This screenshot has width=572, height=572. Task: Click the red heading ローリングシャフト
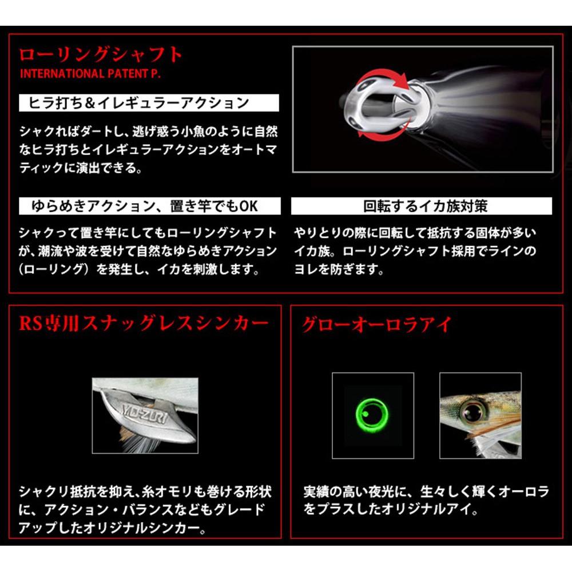point(101,55)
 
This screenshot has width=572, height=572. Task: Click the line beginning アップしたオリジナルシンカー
point(112,527)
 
